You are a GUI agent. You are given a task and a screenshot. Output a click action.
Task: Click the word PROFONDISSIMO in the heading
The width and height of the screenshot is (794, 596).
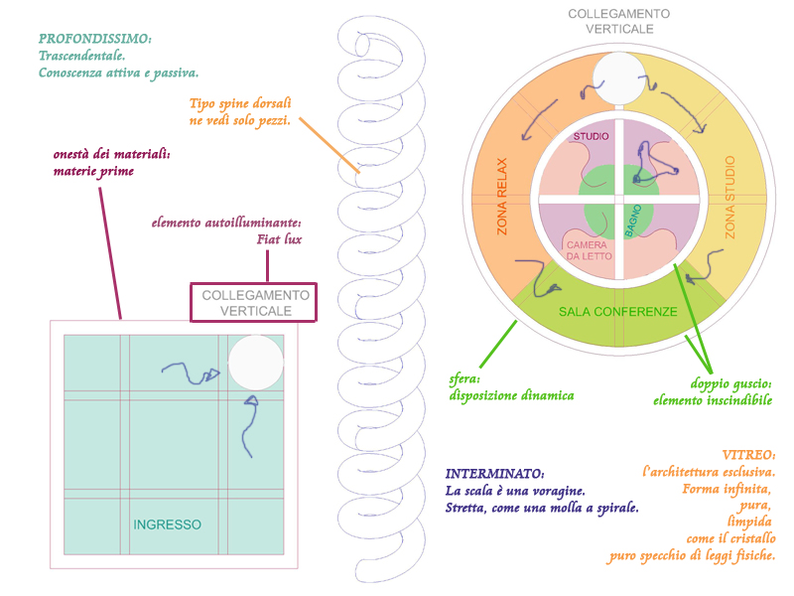[x=94, y=39]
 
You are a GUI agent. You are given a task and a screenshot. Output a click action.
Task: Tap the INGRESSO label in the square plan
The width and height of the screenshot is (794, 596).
[x=168, y=524]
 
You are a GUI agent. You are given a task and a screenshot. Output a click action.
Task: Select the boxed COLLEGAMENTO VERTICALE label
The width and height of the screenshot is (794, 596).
[x=253, y=303]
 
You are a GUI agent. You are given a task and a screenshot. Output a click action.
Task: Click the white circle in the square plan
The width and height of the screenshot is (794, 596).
[x=256, y=362]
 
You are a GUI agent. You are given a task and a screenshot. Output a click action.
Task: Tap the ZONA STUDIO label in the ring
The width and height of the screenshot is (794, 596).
[x=731, y=196]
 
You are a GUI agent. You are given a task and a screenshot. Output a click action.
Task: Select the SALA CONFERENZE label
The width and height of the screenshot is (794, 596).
[x=617, y=312]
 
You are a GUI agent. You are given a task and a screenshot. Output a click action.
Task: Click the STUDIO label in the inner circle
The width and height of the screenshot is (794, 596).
[x=592, y=135]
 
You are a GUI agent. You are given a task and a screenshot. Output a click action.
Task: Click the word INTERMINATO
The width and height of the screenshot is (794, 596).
[x=494, y=474]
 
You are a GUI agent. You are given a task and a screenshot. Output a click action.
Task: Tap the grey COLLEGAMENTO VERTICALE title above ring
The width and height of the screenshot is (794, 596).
[x=618, y=22]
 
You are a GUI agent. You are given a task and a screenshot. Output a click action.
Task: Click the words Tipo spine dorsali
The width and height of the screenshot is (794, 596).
[x=239, y=103]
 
